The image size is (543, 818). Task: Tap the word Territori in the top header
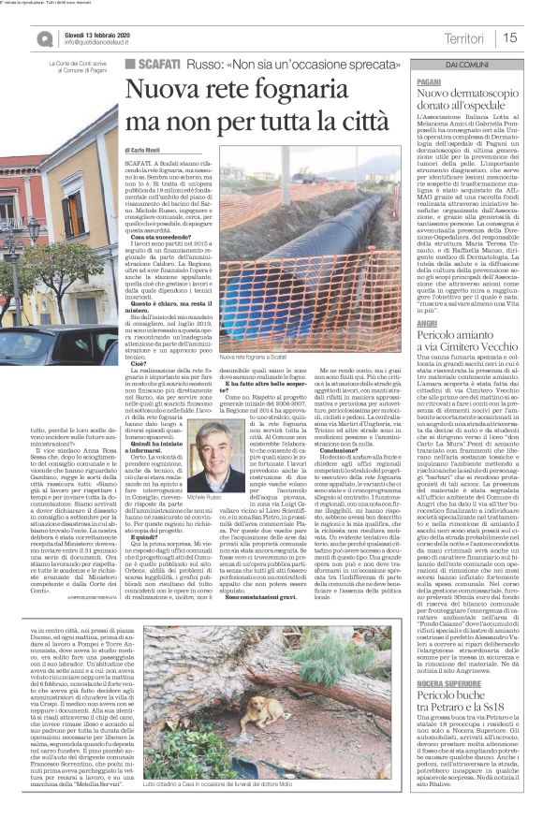click(465, 37)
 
